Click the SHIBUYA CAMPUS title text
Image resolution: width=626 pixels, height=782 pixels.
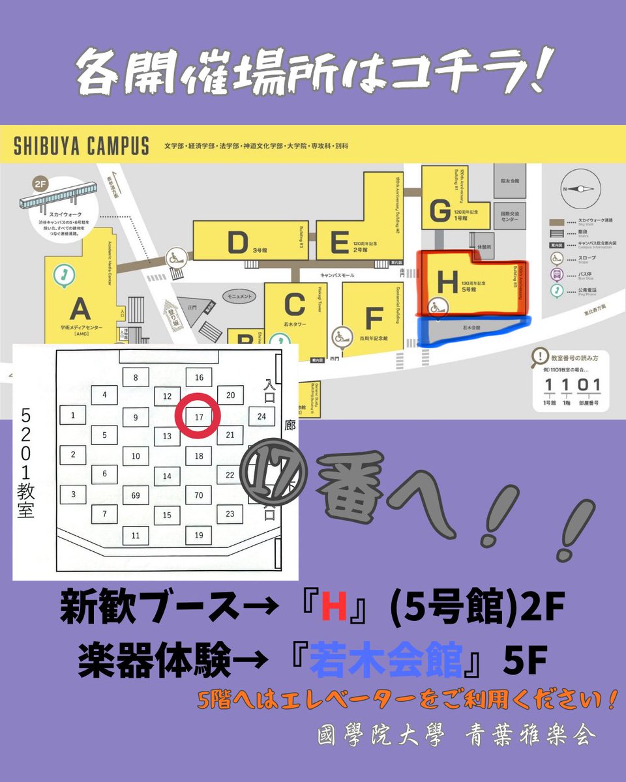(x=82, y=146)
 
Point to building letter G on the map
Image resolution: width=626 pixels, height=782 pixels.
(x=440, y=210)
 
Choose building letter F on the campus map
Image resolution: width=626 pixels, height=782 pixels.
(x=374, y=319)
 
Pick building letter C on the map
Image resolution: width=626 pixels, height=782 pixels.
(x=294, y=304)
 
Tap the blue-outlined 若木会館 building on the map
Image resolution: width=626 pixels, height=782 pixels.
(x=469, y=330)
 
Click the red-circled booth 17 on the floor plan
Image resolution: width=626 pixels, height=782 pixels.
(x=199, y=416)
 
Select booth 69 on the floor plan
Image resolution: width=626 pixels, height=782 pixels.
(x=136, y=496)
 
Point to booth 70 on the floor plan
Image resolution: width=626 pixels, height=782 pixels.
(x=199, y=496)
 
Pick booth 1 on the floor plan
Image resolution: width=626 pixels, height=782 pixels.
(x=73, y=415)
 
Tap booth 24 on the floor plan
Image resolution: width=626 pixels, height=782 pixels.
(x=261, y=416)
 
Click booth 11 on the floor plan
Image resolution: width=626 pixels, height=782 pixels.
(x=136, y=536)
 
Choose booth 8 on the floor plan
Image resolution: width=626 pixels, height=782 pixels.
(x=136, y=377)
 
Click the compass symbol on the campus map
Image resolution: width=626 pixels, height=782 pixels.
(x=578, y=188)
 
